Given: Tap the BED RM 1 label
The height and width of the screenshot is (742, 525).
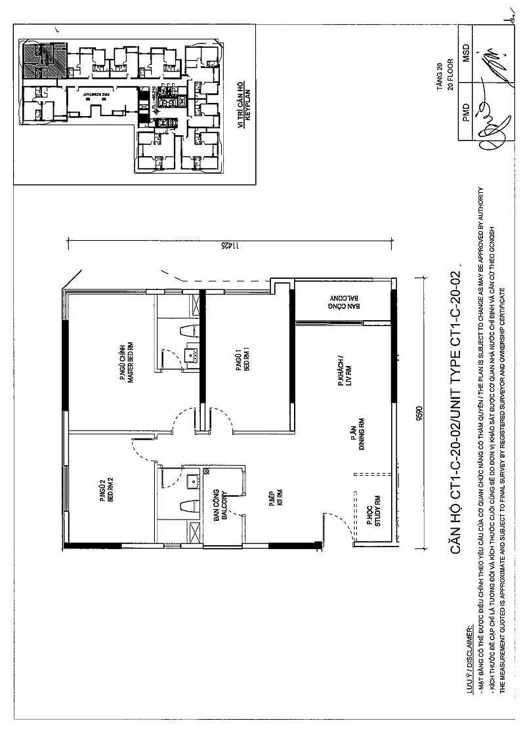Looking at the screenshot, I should point(246,360).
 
